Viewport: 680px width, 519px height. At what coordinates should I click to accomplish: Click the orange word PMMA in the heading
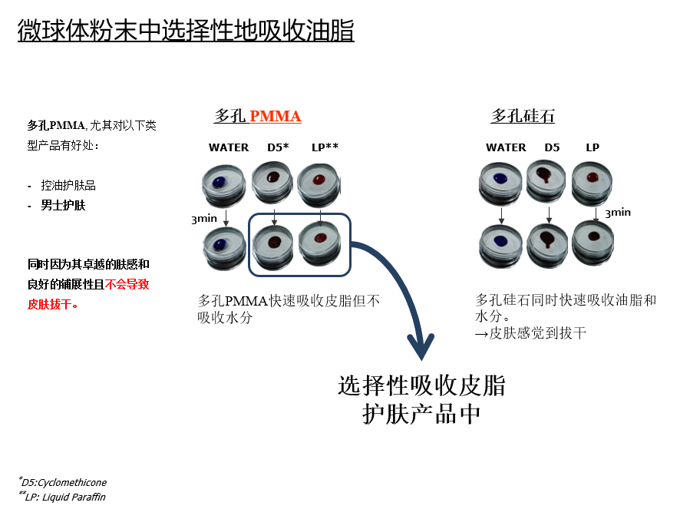pos(275,116)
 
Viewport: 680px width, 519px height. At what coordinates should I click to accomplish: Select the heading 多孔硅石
pos(523,116)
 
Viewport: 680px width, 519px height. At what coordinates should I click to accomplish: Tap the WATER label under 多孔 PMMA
pos(229,147)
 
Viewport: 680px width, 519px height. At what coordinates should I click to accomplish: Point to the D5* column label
pos(278,147)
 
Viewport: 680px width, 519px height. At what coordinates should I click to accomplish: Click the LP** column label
pos(325,147)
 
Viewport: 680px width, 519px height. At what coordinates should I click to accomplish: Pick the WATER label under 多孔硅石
pos(506,147)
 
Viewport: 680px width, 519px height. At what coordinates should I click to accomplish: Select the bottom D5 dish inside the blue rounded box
pos(275,243)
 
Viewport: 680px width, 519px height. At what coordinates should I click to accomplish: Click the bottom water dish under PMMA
pos(221,246)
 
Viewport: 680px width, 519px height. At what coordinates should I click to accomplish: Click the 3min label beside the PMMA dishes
pos(204,219)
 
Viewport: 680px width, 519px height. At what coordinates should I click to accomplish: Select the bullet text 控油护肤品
pos(68,186)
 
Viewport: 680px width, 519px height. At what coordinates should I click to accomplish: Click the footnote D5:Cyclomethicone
pos(64,483)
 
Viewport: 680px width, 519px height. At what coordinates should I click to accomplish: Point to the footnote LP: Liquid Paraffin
pos(63,498)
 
